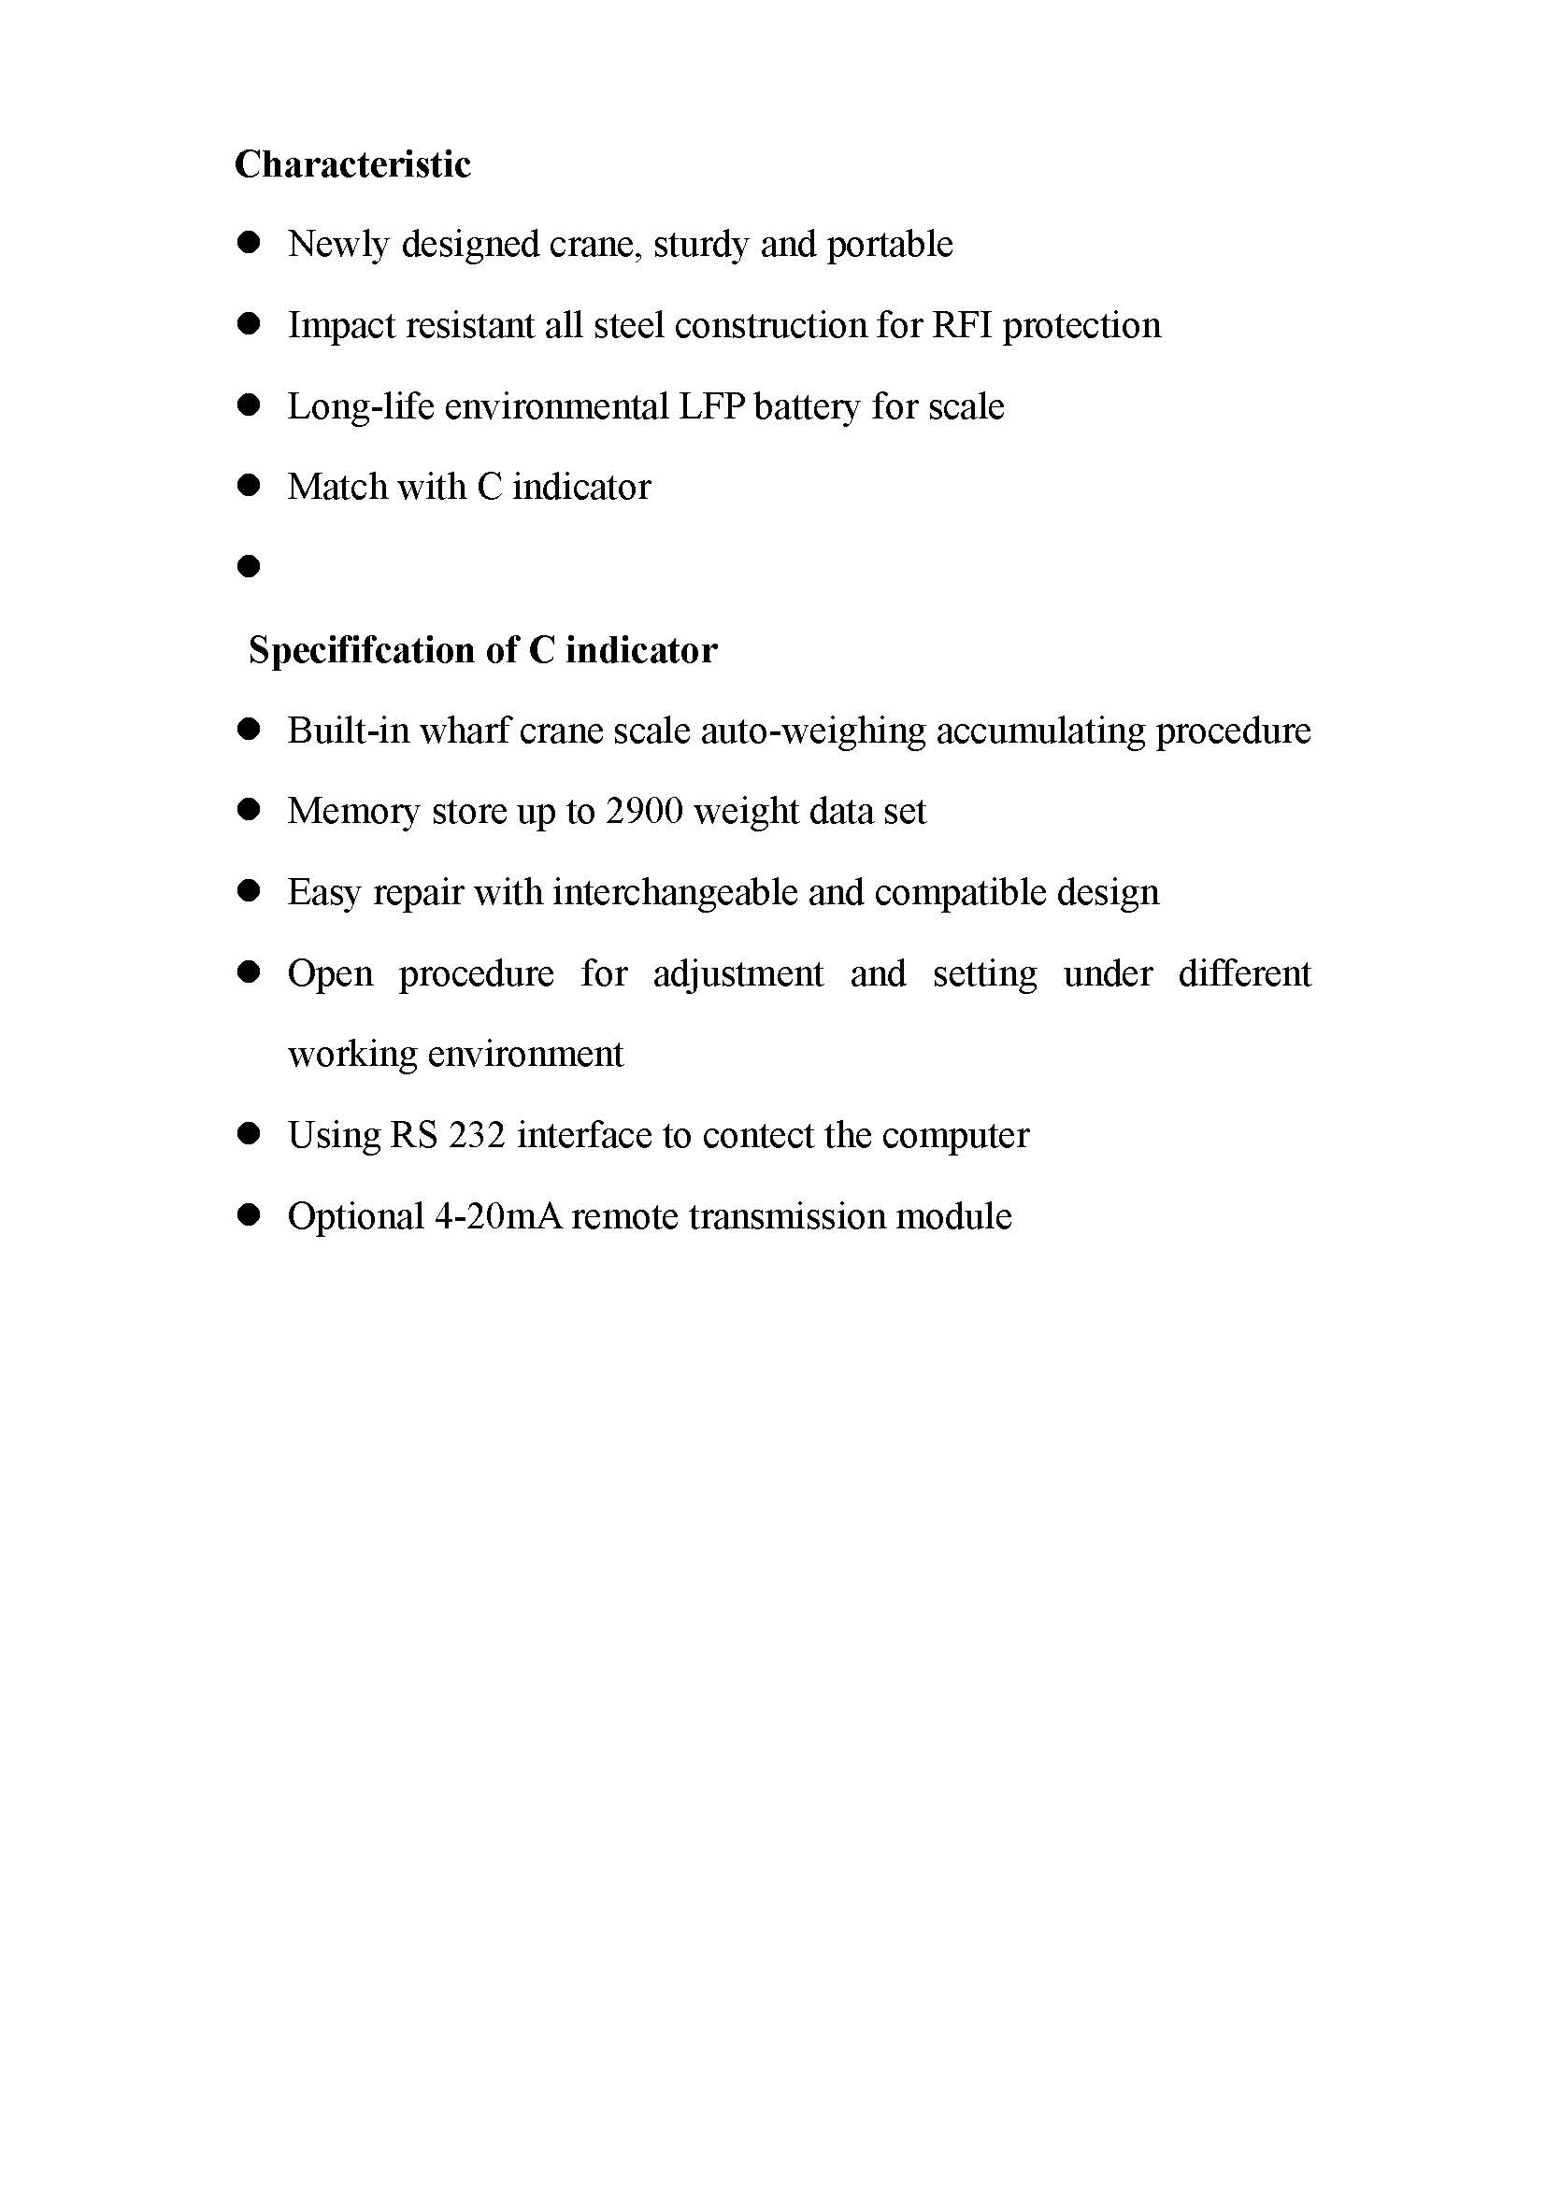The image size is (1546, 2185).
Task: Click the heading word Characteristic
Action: (x=352, y=164)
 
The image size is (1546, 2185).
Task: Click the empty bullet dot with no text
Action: (x=249, y=567)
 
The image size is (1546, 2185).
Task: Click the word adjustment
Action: (x=737, y=973)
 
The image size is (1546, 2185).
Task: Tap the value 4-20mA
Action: (x=497, y=1217)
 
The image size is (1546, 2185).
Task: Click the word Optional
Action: (x=356, y=1217)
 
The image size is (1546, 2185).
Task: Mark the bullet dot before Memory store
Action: (x=249, y=811)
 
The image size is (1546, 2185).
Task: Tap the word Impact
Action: (x=342, y=325)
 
